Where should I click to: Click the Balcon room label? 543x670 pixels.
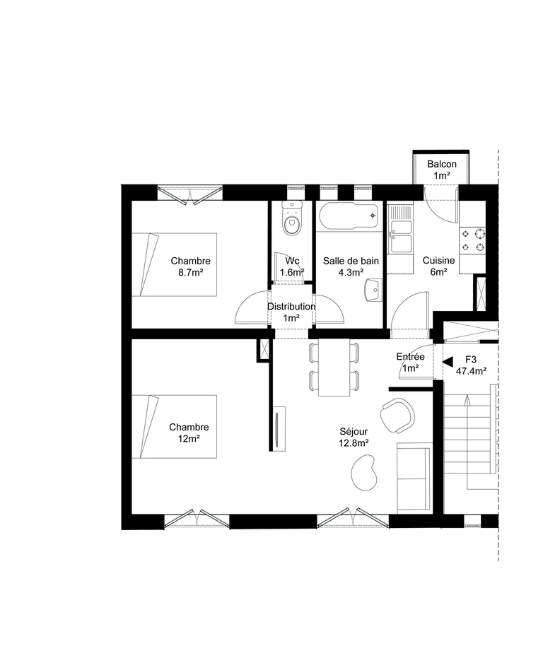pos(442,165)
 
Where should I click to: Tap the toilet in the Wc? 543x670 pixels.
pos(291,220)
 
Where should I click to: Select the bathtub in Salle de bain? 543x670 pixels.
pos(349,217)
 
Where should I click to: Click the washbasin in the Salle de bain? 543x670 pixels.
pos(373,290)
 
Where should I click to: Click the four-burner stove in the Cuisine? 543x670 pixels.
pos(473,240)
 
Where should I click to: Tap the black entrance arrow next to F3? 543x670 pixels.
pos(447,362)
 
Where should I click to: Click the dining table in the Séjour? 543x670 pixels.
pos(334,367)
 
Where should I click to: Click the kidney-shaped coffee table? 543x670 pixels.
pos(365,473)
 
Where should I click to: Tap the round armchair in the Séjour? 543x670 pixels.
pos(397,415)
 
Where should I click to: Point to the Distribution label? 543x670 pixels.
pos(291,307)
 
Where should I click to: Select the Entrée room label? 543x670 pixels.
pos(410,357)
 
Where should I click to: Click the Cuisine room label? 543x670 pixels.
pos(438,261)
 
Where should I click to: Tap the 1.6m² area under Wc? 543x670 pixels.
pos(292,272)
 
